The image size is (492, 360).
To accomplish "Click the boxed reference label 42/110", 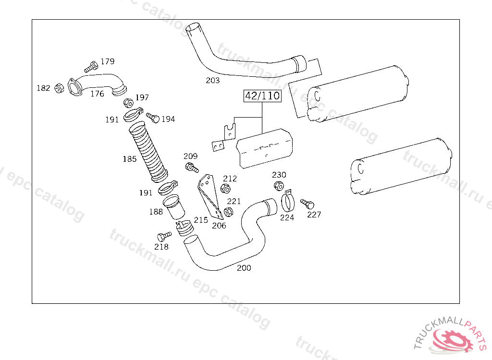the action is tap(262, 96).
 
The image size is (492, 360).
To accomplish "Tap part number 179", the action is tap(108, 61).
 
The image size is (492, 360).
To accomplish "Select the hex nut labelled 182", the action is tap(59, 88).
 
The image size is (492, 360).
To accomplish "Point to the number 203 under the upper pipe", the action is tap(213, 81).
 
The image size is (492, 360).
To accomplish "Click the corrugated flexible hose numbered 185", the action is tap(148, 152).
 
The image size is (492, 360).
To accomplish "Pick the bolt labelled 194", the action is tap(153, 118).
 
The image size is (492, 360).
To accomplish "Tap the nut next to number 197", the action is tap(128, 103).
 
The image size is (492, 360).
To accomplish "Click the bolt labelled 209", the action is tap(192, 168).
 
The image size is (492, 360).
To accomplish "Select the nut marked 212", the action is tap(225, 189).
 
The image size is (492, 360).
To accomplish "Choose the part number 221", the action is tap(234, 201).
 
